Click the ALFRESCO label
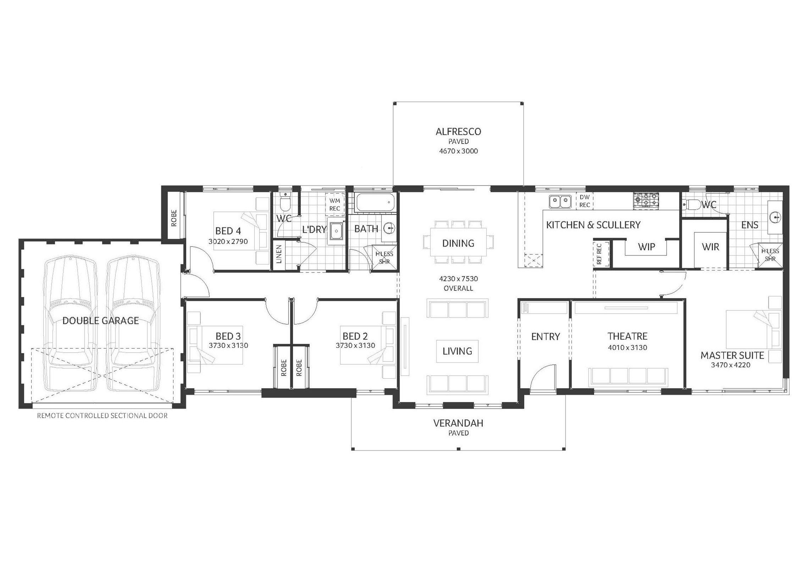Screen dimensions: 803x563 pyautogui.click(x=458, y=132)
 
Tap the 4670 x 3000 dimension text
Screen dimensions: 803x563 pyautogui.click(x=458, y=151)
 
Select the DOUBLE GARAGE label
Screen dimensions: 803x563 pyautogui.click(x=100, y=321)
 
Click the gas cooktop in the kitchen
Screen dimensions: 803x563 pyautogui.click(x=646, y=200)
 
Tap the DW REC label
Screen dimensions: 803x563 pyautogui.click(x=585, y=201)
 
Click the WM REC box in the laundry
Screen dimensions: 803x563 pyautogui.click(x=335, y=205)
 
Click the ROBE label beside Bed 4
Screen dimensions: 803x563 pyautogui.click(x=174, y=218)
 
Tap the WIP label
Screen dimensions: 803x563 pyautogui.click(x=646, y=247)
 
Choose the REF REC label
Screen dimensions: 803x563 pyautogui.click(x=599, y=254)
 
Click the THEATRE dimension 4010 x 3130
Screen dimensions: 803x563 pyautogui.click(x=627, y=348)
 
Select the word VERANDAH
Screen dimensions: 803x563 pyautogui.click(x=458, y=423)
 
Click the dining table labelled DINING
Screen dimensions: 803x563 pyautogui.click(x=458, y=242)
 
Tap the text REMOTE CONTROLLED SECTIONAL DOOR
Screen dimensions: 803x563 pyautogui.click(x=102, y=415)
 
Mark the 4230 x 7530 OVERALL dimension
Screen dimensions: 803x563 pyautogui.click(x=458, y=283)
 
